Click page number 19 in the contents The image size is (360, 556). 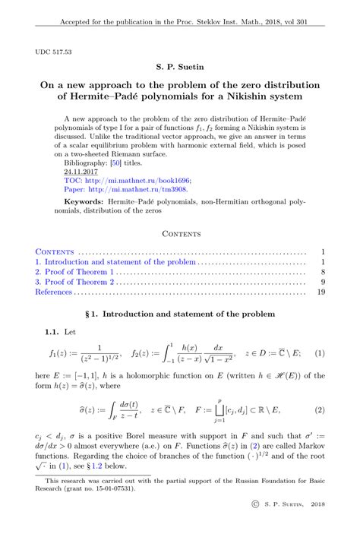(321, 291)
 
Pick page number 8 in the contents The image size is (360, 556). (323, 270)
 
